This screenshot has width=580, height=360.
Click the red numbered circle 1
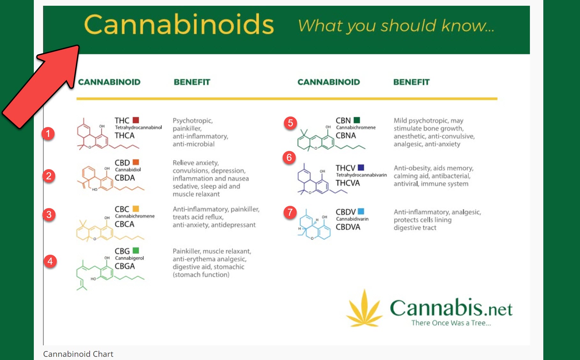48,133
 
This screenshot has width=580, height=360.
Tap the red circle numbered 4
50,261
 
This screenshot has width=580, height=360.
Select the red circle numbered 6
289,157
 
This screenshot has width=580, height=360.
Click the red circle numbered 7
290,212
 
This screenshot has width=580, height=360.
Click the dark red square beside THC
136,120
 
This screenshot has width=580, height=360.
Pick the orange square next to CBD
136,162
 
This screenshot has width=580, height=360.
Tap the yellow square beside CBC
136,209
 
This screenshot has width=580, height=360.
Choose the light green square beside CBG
136,251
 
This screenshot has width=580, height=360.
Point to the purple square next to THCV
361,168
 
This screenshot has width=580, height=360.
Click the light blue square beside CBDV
361,211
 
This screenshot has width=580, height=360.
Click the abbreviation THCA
124,136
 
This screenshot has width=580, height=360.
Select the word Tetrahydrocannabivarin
361,175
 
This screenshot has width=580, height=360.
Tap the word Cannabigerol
129,258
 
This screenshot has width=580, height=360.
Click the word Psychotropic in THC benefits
193,121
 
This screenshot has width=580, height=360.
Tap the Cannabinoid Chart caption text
78,354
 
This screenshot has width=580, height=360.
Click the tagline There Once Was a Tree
451,323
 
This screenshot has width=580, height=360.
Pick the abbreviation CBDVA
348,227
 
